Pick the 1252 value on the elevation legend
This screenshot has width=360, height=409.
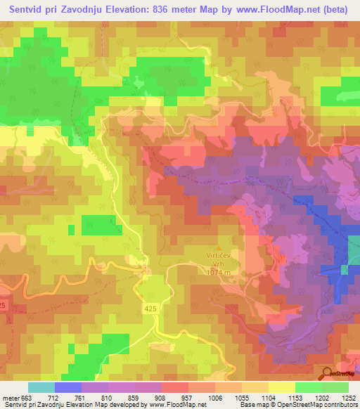click(x=349, y=397)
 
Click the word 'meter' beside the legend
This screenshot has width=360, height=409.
click(x=11, y=397)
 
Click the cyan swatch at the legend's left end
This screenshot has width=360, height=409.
click(x=41, y=387)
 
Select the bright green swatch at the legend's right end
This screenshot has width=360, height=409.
click(x=335, y=387)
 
